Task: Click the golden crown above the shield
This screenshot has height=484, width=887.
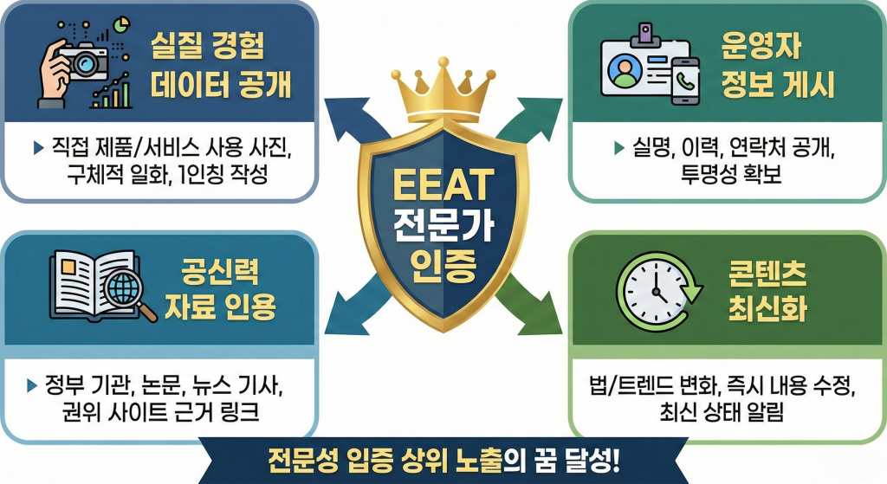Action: click(443, 91)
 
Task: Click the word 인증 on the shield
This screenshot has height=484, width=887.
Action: click(443, 263)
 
